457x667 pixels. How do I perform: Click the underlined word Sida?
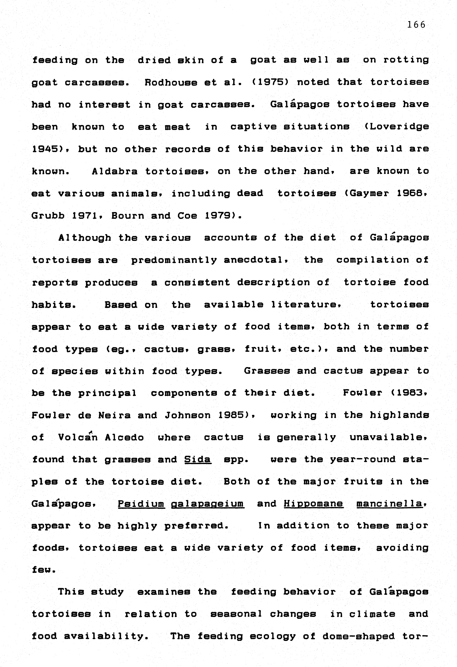coord(198,459)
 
